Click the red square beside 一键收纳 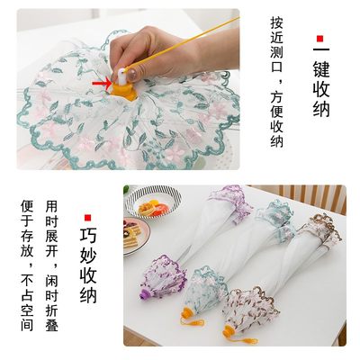pyautogui.click(x=317, y=39)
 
